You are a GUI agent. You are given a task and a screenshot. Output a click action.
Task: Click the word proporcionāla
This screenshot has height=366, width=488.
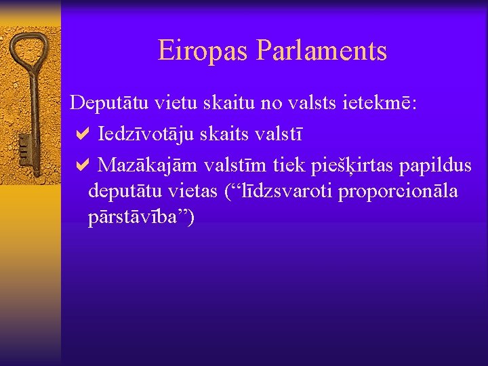pyautogui.click(x=398, y=192)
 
